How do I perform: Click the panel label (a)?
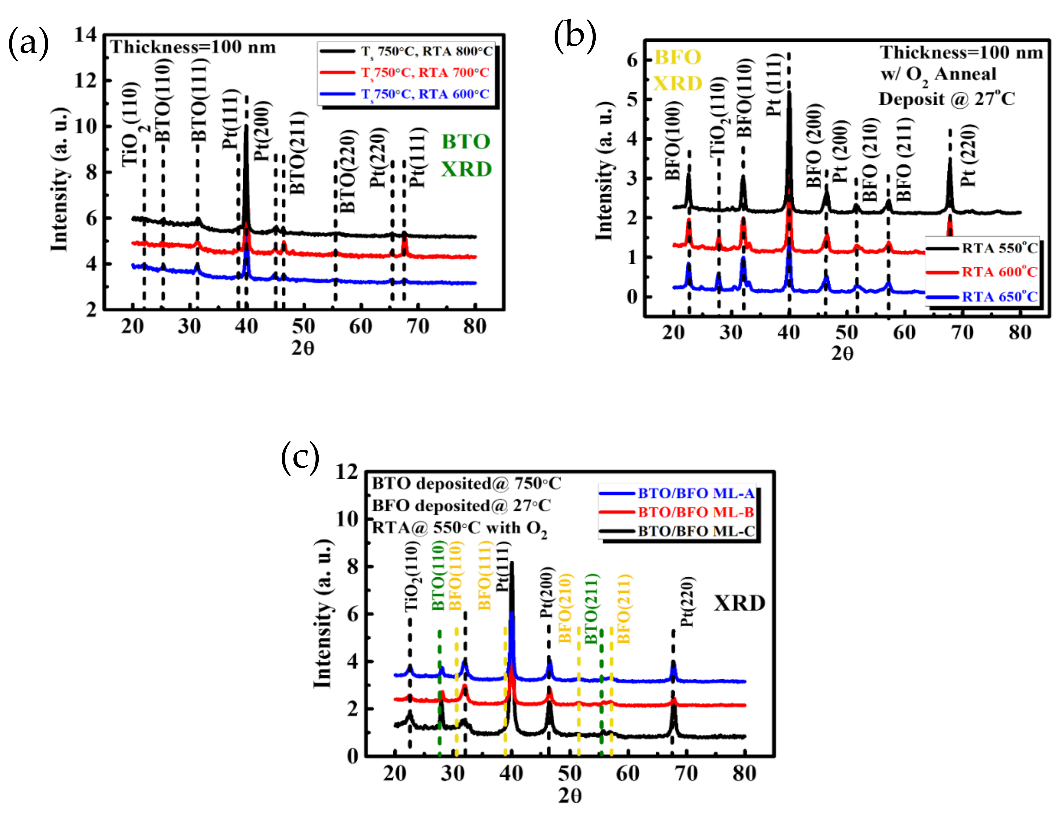click(28, 43)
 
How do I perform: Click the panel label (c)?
click(300, 458)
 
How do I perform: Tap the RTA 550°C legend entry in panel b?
click(999, 248)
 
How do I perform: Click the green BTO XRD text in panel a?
click(466, 155)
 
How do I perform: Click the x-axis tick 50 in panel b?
click(847, 333)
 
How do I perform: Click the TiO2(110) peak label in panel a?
click(131, 125)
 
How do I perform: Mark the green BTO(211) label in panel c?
click(592, 609)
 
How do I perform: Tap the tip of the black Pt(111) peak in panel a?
click(246, 126)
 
